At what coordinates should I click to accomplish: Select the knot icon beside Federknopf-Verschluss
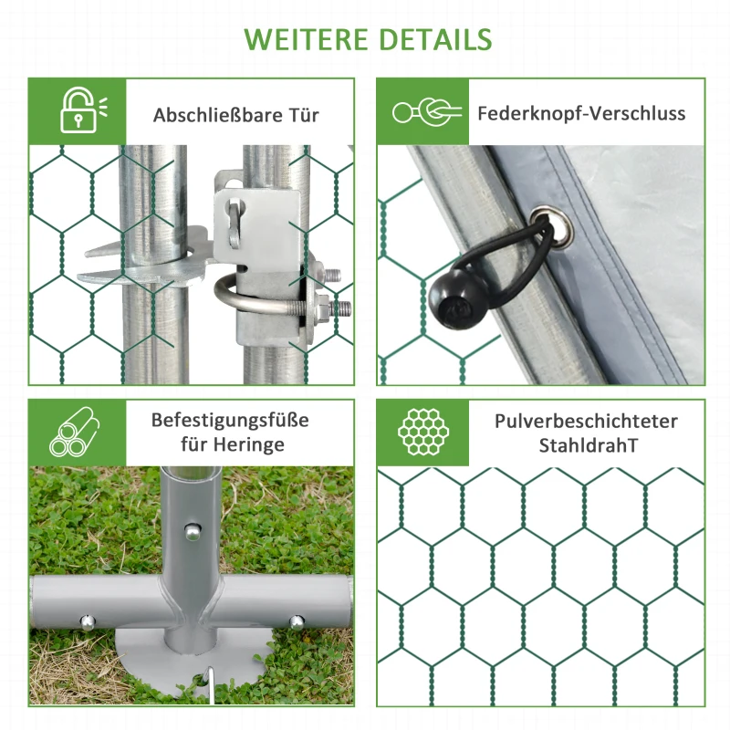pos(422,112)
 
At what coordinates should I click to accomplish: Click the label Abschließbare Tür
pos(236,115)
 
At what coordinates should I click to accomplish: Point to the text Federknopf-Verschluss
pos(581,113)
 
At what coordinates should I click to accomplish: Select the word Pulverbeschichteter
pos(586,421)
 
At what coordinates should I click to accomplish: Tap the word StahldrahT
pos(586,445)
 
